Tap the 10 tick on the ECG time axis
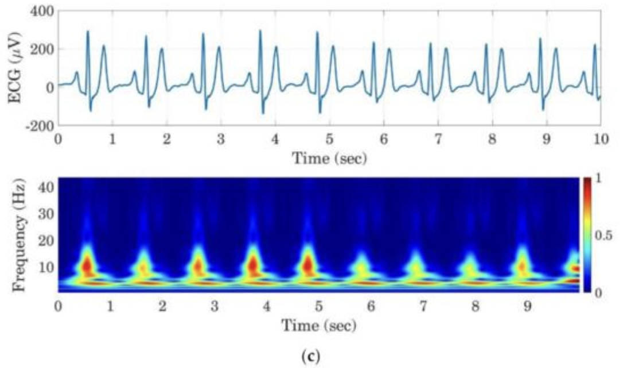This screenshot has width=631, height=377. point(600,139)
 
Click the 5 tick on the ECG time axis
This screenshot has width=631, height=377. point(329,139)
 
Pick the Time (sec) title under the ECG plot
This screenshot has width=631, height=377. point(329,157)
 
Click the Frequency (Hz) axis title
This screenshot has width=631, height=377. point(18,235)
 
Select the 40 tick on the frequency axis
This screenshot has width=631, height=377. point(45,187)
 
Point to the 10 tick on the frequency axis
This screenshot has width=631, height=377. point(45,267)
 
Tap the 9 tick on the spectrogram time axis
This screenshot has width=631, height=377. point(527,306)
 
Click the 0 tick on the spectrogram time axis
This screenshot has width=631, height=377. point(59,306)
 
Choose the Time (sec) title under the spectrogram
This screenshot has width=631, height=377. point(318,325)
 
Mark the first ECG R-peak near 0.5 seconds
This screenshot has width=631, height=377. point(88,32)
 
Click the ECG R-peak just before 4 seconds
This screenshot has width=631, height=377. point(260,31)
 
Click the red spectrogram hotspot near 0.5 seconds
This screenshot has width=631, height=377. point(87,266)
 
